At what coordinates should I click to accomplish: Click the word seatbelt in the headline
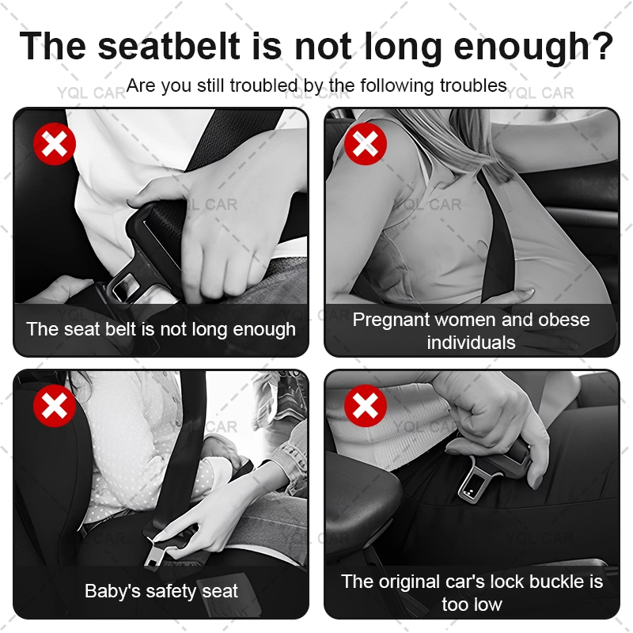click(169, 46)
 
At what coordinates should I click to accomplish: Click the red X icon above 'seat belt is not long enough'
click(55, 144)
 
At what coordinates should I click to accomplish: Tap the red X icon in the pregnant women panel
click(366, 144)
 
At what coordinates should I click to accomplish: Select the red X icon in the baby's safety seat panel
click(55, 406)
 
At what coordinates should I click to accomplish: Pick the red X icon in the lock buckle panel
click(366, 406)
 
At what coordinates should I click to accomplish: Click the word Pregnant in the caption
click(391, 320)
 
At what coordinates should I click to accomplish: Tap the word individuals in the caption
click(471, 343)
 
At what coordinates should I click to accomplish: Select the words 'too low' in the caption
click(472, 605)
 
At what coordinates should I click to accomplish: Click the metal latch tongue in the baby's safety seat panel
click(155, 552)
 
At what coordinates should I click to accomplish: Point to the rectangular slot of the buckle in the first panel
click(124, 285)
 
